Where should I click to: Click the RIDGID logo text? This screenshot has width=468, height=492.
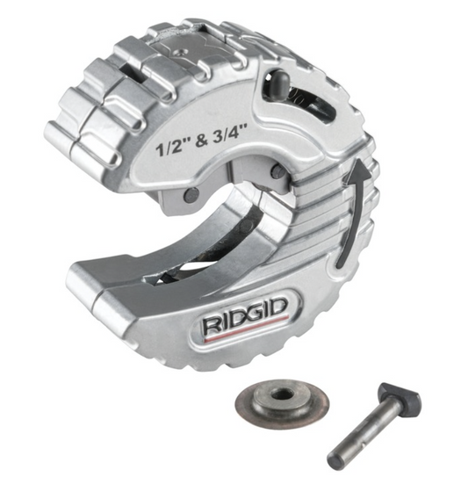246,315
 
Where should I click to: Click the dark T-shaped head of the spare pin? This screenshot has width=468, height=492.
400,394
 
